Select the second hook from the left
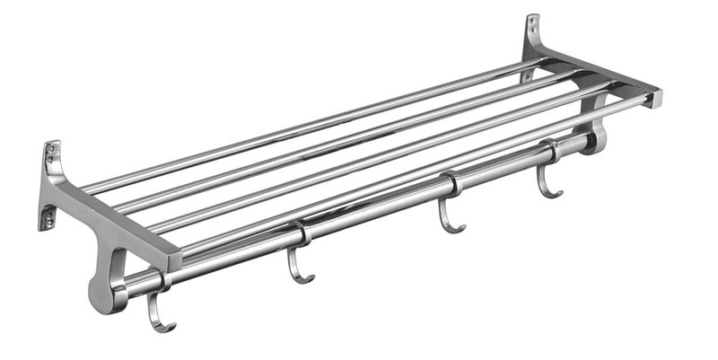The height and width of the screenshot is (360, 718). (x=298, y=264)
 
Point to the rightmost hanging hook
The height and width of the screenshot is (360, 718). (x=547, y=179)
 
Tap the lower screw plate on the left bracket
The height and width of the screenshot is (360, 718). (x=47, y=215)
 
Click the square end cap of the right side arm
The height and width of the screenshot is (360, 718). (x=652, y=97)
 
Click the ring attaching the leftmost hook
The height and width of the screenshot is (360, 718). (x=162, y=281)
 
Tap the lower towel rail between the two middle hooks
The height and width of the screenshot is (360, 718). (x=377, y=212)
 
